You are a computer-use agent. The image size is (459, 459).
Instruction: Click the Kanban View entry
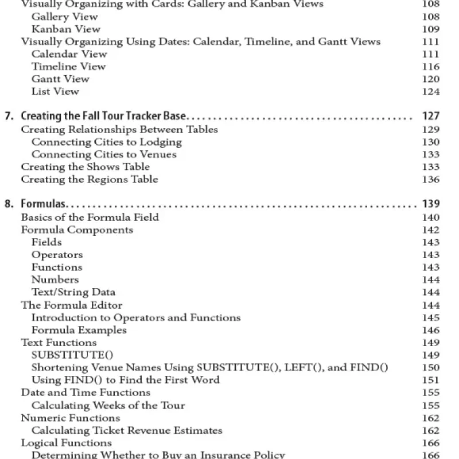65,29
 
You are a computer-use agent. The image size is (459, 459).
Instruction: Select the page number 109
430,29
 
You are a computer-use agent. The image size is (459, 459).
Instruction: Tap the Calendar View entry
69,55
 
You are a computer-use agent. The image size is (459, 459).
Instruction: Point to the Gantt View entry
60,79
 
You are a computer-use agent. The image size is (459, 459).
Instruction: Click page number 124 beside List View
430,92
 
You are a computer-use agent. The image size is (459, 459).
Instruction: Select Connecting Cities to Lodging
106,142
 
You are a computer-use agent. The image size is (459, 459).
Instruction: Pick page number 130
430,142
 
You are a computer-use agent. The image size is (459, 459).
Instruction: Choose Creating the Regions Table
89,180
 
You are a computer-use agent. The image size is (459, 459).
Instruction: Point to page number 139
430,204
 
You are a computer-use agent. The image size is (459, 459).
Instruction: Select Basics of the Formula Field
90,217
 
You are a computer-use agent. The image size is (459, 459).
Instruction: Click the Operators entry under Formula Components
57,255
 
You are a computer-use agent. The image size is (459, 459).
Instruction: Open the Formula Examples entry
79,330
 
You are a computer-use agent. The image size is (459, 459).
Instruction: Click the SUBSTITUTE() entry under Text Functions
68,355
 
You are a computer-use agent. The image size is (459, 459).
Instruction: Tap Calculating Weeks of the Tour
108,406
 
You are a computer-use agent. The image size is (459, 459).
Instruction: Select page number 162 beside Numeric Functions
430,418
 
